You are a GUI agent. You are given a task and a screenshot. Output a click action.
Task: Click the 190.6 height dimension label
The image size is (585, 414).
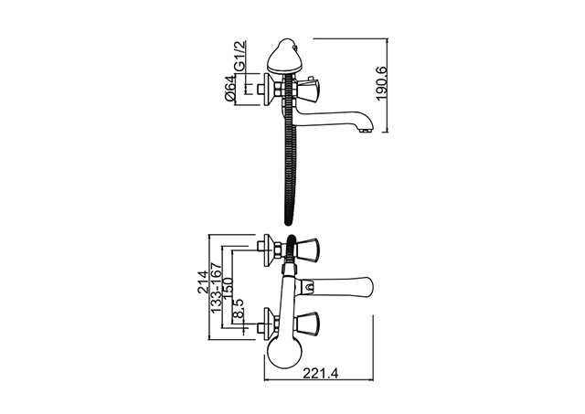pos(383,83)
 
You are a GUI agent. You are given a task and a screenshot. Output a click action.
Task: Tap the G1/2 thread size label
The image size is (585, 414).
pos(239,56)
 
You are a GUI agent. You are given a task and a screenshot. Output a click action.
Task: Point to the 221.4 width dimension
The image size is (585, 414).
pos(321,373)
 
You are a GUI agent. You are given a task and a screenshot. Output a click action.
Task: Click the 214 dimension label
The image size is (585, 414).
pos(203,282)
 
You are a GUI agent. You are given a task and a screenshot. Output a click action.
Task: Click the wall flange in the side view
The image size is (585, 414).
pos(268,90)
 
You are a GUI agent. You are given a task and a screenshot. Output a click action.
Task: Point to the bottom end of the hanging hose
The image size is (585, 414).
pos(289,223)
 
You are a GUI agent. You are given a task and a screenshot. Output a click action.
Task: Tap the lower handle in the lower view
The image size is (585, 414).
pos(307,324)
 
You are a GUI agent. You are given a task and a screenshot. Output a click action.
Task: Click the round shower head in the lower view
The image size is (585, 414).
pos(282,353)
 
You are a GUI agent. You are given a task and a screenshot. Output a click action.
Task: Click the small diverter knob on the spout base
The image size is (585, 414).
pos(308,288)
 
